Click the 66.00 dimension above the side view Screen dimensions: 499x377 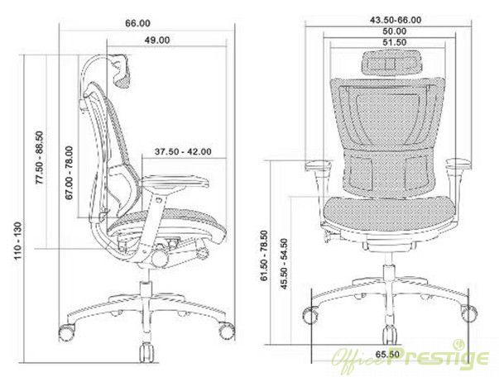[137, 23]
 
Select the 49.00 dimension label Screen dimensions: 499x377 [157, 41]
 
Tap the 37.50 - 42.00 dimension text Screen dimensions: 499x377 [183, 151]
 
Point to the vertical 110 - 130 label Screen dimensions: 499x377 [17, 241]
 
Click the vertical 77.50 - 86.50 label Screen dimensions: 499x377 [40, 158]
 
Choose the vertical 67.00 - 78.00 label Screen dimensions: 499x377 [69, 173]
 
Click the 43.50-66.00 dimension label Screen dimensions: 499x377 [396, 20]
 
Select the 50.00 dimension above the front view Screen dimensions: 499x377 [395, 31]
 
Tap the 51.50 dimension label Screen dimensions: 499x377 [395, 42]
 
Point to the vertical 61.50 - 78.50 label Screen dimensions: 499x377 [264, 256]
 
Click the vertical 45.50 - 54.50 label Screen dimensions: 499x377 [284, 264]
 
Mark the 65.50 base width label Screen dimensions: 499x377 [387, 354]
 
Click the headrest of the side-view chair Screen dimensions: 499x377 [122, 71]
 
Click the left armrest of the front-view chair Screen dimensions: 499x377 [319, 165]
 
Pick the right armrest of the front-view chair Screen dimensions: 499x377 [458, 164]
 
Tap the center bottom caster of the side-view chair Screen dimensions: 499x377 [147, 352]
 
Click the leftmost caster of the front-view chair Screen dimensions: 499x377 [310, 315]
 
